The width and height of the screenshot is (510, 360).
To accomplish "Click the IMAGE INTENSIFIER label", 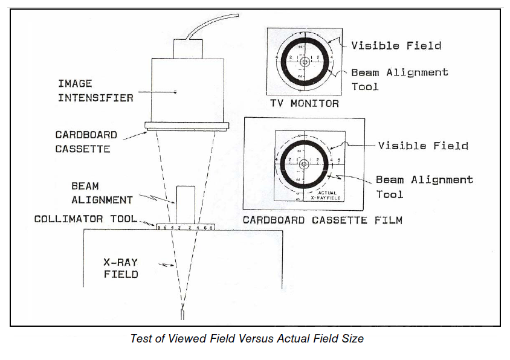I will pos(95,90).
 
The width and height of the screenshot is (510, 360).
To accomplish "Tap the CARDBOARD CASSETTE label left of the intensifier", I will pos(86,142).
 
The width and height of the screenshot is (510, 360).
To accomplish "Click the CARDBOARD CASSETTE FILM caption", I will pos(322,220).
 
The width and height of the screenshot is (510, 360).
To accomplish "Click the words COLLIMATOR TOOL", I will pos(85,219).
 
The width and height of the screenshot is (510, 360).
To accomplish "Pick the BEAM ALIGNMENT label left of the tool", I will pos(93,193).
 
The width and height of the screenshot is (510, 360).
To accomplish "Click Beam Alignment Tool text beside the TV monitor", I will pos(399,79).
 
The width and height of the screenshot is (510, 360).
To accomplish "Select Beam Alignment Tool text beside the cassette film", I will pos(424,187).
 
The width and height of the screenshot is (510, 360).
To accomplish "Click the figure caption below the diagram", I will pos(247,339).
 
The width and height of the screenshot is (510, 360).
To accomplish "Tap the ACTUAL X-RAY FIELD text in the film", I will pos(327,195).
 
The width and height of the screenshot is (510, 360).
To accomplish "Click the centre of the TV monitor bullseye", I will pos(304,62).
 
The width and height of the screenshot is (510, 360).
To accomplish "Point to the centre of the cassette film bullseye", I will pos(304,163).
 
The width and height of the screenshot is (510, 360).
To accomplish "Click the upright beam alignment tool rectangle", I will pos(186,204).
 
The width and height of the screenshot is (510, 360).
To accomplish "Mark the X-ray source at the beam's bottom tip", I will pos(182,316).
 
